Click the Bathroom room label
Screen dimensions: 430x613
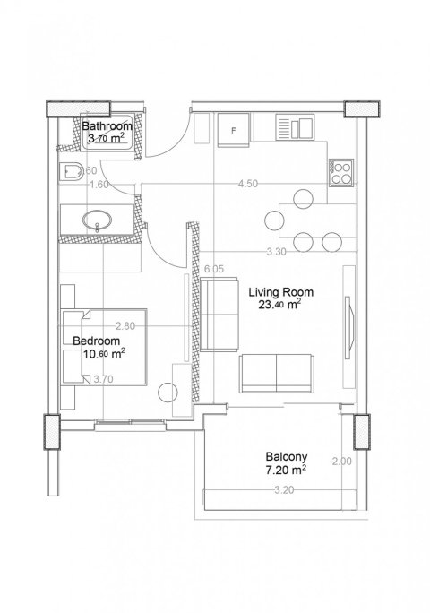(x=107, y=126)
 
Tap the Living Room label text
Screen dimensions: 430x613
(x=281, y=292)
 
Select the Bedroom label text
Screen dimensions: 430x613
(x=97, y=341)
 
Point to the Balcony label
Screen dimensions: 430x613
(x=287, y=456)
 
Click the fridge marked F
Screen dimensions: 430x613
(x=234, y=130)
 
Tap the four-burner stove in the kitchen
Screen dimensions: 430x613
(x=341, y=173)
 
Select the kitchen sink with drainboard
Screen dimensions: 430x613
(x=295, y=126)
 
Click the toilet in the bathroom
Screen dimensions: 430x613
(x=72, y=172)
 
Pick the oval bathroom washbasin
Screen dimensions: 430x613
(x=97, y=220)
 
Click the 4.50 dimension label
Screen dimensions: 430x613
(x=248, y=184)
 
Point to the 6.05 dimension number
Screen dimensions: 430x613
(x=214, y=269)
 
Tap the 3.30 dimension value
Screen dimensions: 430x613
(x=277, y=252)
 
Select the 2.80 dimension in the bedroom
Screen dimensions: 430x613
(x=125, y=326)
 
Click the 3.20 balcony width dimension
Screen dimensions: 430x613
(x=284, y=490)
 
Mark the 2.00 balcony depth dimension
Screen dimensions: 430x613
(x=342, y=462)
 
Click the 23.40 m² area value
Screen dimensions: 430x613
(x=279, y=304)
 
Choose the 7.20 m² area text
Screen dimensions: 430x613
(x=286, y=470)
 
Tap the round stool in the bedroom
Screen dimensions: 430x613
(x=168, y=392)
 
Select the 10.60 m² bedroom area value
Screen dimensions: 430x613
(x=104, y=354)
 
